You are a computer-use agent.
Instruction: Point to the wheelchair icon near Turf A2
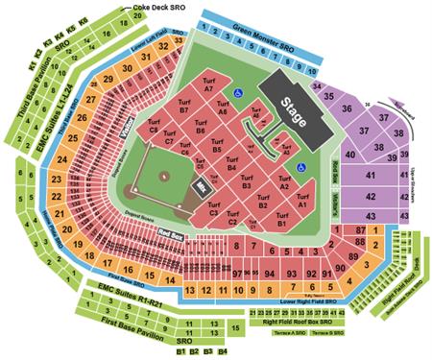(300, 167)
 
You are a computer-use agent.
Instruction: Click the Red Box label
(172, 234)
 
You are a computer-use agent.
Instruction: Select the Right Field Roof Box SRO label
(296, 324)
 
